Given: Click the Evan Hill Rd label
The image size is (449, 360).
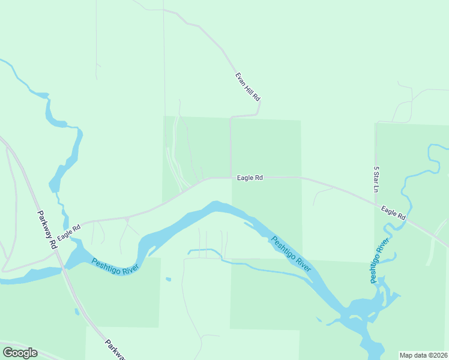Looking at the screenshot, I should [247, 86].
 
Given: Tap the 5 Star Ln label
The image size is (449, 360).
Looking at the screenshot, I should [377, 179].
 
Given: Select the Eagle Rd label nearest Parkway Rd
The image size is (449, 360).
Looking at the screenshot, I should [69, 230].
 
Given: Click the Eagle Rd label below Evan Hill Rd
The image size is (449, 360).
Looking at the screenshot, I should [250, 178].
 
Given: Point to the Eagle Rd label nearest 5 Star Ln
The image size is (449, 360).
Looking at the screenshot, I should [393, 212].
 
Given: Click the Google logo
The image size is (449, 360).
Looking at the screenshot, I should [20, 353].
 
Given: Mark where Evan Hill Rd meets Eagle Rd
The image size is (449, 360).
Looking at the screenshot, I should [231, 177].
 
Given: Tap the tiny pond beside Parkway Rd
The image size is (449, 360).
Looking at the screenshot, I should [76, 311].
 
